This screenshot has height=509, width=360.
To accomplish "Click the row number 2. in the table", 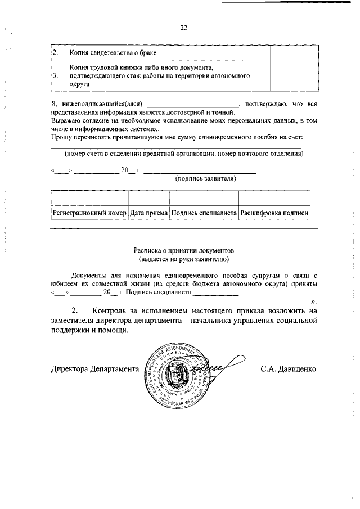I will tap(55, 52).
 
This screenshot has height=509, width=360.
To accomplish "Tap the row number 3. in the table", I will tap(55, 74).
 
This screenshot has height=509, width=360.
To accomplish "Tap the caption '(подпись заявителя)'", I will tap(206, 179).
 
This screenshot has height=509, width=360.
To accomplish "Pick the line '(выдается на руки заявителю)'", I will tap(183, 259).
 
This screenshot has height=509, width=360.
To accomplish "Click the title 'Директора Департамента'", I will tap(94, 370).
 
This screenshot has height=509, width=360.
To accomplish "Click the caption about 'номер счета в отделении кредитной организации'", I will tap(183, 154).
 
